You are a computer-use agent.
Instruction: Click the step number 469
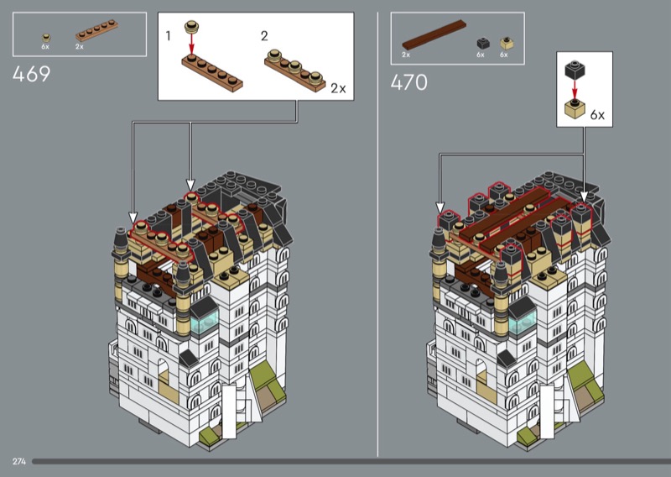click(31, 74)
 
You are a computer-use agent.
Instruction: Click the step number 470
click(408, 82)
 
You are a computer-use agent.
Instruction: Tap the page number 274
click(19, 462)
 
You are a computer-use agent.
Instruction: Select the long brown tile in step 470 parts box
click(434, 34)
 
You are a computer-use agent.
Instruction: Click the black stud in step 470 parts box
click(483, 44)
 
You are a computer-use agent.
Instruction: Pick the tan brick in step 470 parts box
click(507, 44)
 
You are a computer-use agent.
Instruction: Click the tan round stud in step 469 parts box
click(46, 38)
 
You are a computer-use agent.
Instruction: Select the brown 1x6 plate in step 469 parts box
click(96, 30)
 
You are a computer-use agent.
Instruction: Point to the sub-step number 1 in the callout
click(169, 36)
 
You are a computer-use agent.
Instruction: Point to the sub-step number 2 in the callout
click(264, 36)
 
